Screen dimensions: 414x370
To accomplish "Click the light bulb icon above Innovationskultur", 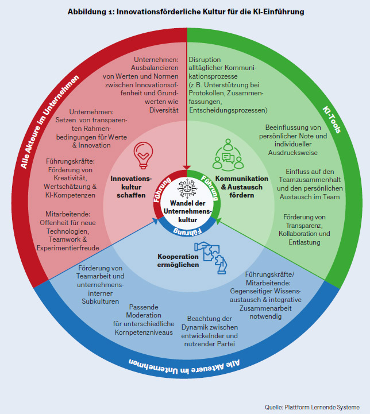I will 143,153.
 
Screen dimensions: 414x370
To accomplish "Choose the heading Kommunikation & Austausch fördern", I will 241,187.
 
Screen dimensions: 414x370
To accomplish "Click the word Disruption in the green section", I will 208,59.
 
